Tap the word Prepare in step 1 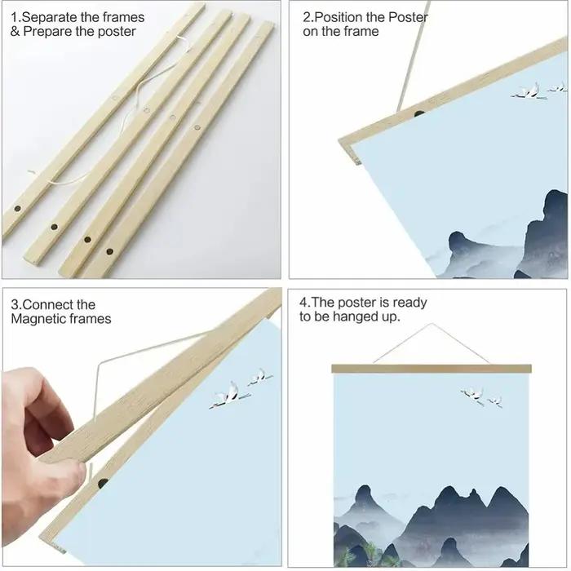(x=47, y=32)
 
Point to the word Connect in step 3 (x=44, y=304)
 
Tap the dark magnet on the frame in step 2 (x=419, y=113)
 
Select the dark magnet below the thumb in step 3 (x=103, y=483)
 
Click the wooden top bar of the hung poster (x=432, y=368)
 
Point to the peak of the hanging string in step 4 (x=432, y=323)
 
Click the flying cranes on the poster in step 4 (x=481, y=397)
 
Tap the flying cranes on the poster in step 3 (x=241, y=388)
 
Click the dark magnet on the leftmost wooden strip (x=17, y=209)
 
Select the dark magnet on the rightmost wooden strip (x=109, y=251)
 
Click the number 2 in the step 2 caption (x=306, y=17)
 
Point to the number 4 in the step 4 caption (x=303, y=303)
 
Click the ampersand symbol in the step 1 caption (x=15, y=32)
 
